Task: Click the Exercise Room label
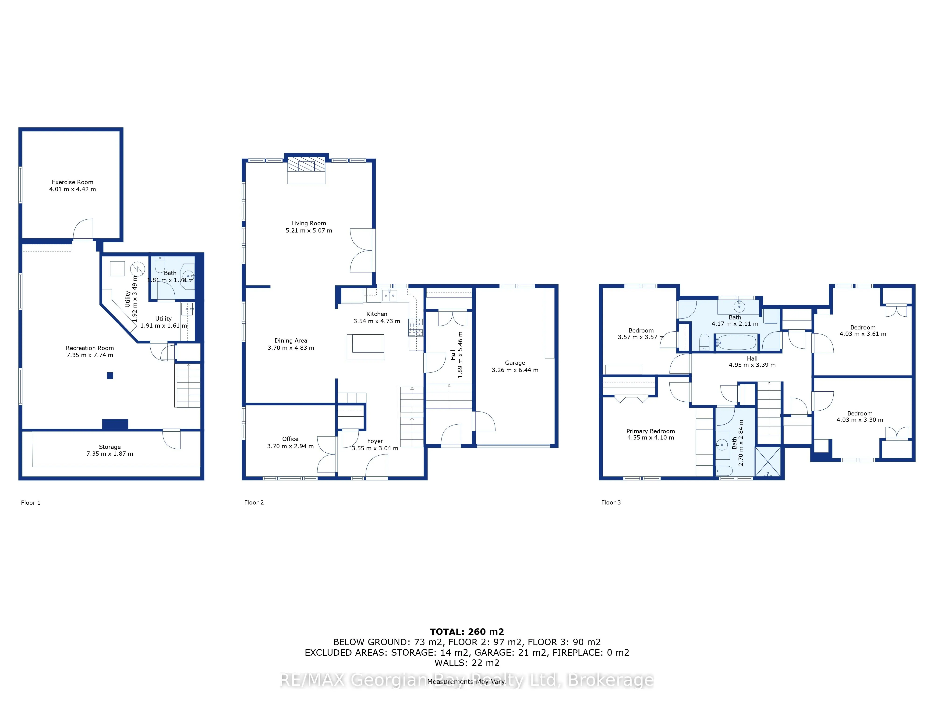[x=73, y=182]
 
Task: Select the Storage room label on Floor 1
[x=110, y=447]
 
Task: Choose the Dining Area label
[x=291, y=341]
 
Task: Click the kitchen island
[x=365, y=347]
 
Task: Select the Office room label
[x=290, y=439]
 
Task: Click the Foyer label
[x=375, y=441]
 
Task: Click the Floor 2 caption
[x=254, y=502]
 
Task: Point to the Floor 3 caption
[x=611, y=502]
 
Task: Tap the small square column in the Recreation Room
[x=110, y=376]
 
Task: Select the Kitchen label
[x=377, y=314]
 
